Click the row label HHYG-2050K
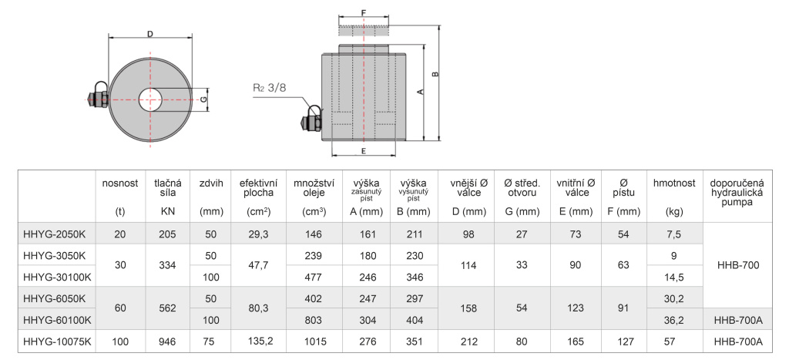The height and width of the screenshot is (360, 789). pos(54,234)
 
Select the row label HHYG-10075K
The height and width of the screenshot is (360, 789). pos(57,341)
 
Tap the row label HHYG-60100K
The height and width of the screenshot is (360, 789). pos(57,320)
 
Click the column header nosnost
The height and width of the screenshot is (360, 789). pos(119,183)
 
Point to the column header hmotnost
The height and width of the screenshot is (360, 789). pos(673,183)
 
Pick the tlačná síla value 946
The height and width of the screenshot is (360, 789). pos(167,341)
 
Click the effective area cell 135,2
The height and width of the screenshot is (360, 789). pos(260,341)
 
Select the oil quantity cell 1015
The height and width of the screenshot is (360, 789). pos(314,341)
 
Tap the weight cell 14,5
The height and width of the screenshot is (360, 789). pos(673,277)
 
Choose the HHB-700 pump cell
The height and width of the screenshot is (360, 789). pos(738,265)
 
